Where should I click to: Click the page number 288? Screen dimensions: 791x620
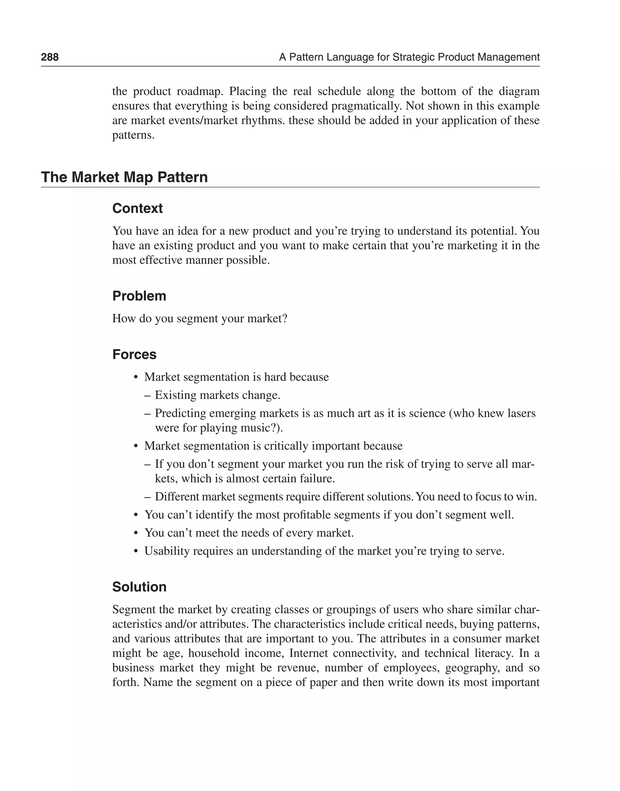click(50, 57)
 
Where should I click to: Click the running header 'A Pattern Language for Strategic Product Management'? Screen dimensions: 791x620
click(409, 57)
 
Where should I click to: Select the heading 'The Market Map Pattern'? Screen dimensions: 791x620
click(124, 177)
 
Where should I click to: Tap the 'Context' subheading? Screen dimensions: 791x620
click(137, 208)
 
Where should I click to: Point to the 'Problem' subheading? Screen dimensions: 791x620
click(139, 296)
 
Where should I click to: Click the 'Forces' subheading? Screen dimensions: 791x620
click(134, 354)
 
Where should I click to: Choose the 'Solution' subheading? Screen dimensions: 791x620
click(139, 587)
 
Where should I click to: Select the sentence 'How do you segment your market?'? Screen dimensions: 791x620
click(200, 318)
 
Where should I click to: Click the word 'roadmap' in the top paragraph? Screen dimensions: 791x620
click(199, 91)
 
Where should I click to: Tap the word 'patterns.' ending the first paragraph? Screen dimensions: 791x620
click(133, 135)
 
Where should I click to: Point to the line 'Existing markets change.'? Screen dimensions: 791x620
click(217, 395)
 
